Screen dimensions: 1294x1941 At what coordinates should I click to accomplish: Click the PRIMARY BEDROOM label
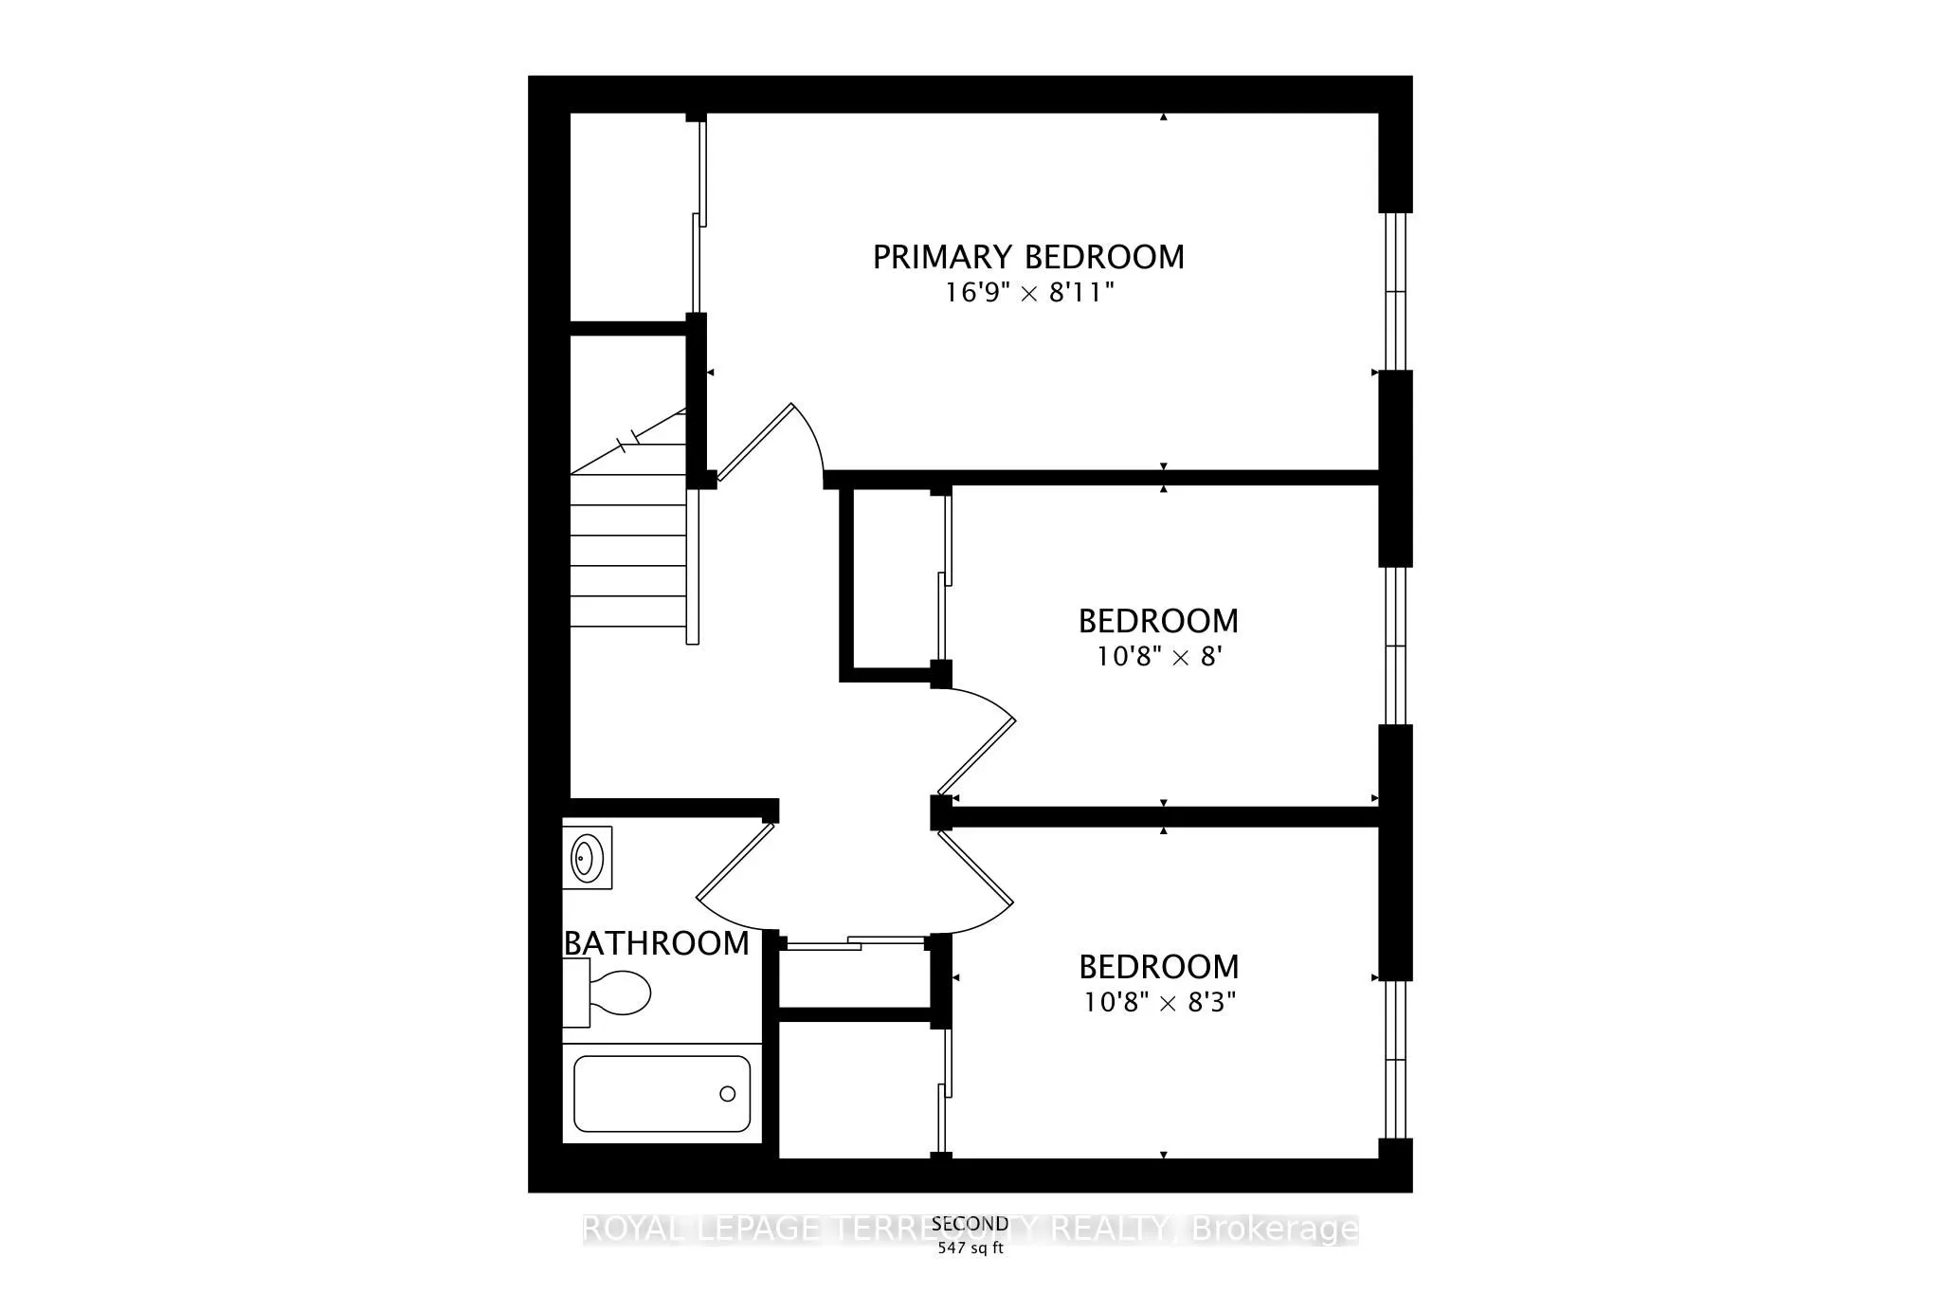click(x=1028, y=257)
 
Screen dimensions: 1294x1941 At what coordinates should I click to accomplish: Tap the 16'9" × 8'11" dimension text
click(x=1028, y=293)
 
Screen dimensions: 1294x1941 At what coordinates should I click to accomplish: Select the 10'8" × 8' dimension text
click(x=1157, y=656)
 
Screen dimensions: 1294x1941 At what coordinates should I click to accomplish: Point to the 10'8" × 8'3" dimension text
click(x=1160, y=1002)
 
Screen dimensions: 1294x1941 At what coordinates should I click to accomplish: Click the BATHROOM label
click(x=657, y=943)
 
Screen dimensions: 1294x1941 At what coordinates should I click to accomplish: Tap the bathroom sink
click(x=587, y=858)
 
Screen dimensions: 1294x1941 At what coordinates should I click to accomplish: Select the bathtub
click(x=662, y=1094)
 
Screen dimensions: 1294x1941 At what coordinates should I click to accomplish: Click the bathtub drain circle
click(x=727, y=1094)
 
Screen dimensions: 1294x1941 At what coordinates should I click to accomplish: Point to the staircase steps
click(x=627, y=550)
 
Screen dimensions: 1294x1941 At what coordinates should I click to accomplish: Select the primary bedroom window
click(x=1395, y=291)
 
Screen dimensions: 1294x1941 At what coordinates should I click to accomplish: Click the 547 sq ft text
click(x=970, y=1248)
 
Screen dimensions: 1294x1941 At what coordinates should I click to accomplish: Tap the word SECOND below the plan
click(x=970, y=1224)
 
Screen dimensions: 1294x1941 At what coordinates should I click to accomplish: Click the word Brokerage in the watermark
click(x=1275, y=1230)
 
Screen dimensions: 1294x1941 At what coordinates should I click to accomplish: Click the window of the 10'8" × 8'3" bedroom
click(x=1395, y=1059)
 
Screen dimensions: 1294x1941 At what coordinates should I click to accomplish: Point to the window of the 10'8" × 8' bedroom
click(x=1395, y=646)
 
